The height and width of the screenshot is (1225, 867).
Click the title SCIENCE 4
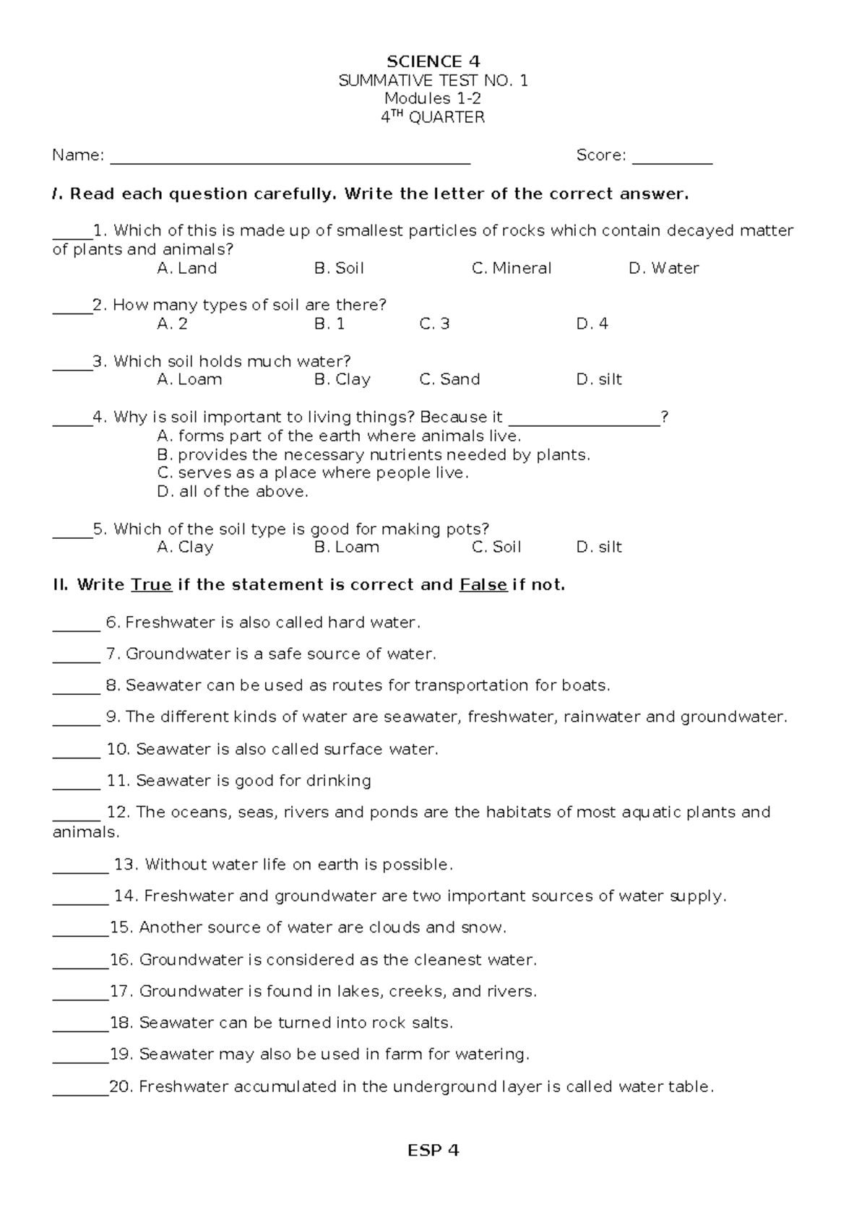[433, 61]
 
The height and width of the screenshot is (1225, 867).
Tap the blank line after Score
[672, 160]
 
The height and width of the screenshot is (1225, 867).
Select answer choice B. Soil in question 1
[339, 269]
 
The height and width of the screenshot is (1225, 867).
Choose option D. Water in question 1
[663, 269]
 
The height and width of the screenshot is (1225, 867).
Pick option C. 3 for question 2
[434, 324]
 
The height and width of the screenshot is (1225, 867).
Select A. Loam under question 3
[189, 379]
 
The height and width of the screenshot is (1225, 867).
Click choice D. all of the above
[232, 492]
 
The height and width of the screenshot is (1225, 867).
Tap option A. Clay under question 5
[185, 547]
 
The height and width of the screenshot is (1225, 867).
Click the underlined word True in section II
[151, 585]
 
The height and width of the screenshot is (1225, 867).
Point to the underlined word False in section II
[483, 585]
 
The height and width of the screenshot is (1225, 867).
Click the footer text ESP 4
[433, 1151]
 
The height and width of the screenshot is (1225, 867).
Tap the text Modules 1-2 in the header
[433, 99]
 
